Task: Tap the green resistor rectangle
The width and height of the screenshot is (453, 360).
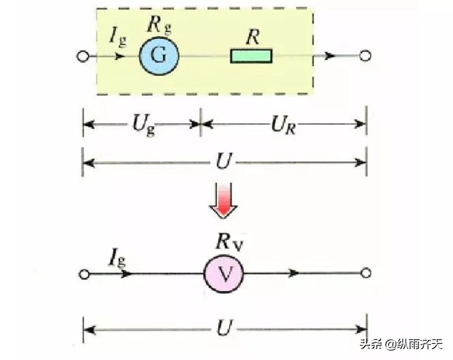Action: [251, 55]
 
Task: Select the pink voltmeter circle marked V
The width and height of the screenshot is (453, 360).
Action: [224, 274]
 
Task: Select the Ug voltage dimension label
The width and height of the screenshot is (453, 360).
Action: [142, 125]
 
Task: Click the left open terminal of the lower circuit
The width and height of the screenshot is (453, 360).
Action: [82, 274]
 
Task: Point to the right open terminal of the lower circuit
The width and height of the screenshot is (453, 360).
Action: [366, 273]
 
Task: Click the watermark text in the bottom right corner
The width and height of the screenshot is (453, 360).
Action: [401, 344]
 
